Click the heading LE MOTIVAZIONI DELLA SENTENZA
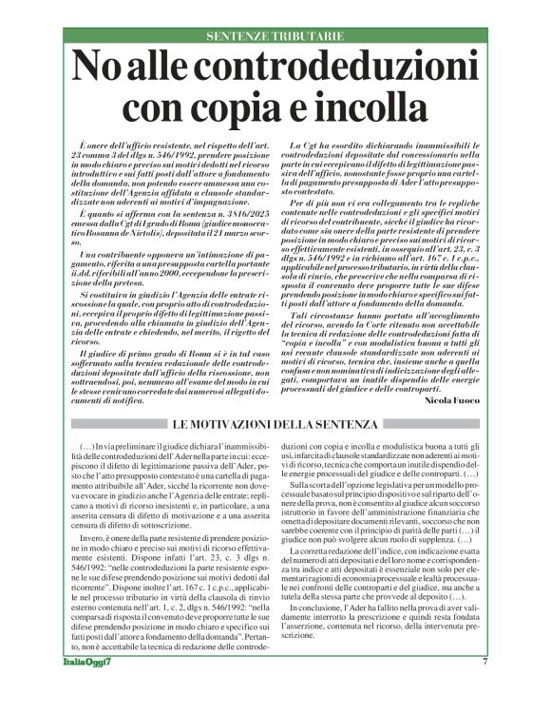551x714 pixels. coord(275,423)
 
